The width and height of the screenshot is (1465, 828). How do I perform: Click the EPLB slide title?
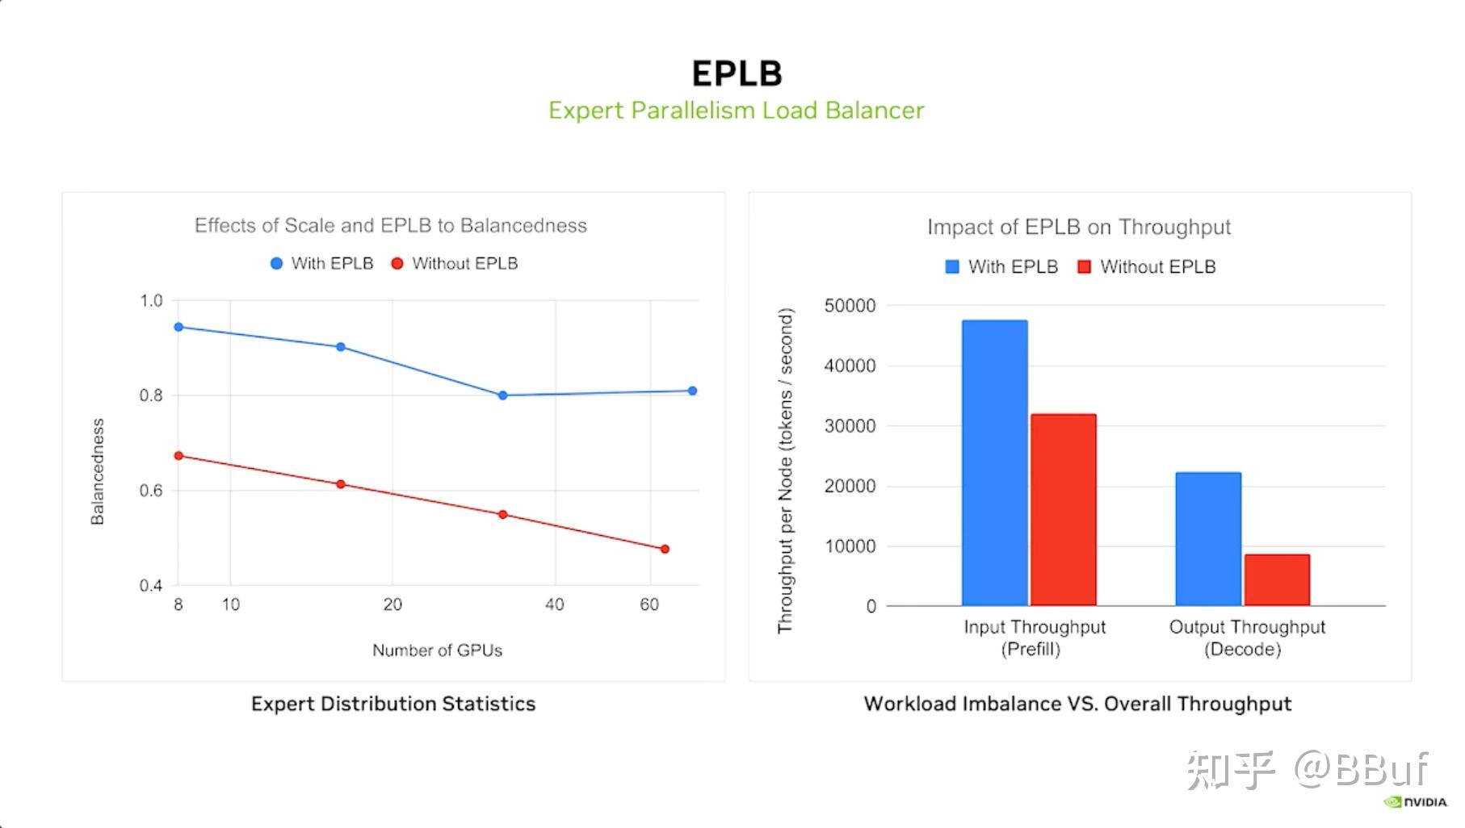pos(737,73)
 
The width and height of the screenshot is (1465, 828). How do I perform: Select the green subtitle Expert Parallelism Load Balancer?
pos(736,110)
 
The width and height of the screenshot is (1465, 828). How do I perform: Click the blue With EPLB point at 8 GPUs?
pos(178,327)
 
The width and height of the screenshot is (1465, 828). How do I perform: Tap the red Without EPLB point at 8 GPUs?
pos(178,456)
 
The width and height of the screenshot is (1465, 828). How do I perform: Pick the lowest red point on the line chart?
pos(665,549)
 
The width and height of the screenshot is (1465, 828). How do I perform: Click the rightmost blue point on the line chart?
pos(692,391)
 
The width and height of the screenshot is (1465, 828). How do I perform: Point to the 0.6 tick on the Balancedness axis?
pos(151,491)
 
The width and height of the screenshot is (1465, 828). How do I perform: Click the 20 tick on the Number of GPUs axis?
pos(392,604)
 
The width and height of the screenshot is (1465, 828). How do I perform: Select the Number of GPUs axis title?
pos(437,650)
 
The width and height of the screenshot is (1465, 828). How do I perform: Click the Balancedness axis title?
pos(98,472)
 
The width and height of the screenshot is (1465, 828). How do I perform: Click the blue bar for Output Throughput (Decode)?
pos(1208,538)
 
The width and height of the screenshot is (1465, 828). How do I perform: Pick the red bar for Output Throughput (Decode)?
pos(1277,579)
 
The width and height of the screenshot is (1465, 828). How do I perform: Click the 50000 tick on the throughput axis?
pos(850,306)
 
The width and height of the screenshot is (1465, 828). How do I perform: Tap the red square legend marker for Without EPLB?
pos(1085,267)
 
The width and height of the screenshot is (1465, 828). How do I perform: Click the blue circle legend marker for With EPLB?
pos(276,264)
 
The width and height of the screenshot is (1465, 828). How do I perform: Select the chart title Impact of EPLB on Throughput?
pos(1079,227)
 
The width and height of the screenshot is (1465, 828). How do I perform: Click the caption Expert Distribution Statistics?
pos(393,704)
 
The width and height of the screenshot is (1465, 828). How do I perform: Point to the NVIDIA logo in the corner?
pos(1416,802)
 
